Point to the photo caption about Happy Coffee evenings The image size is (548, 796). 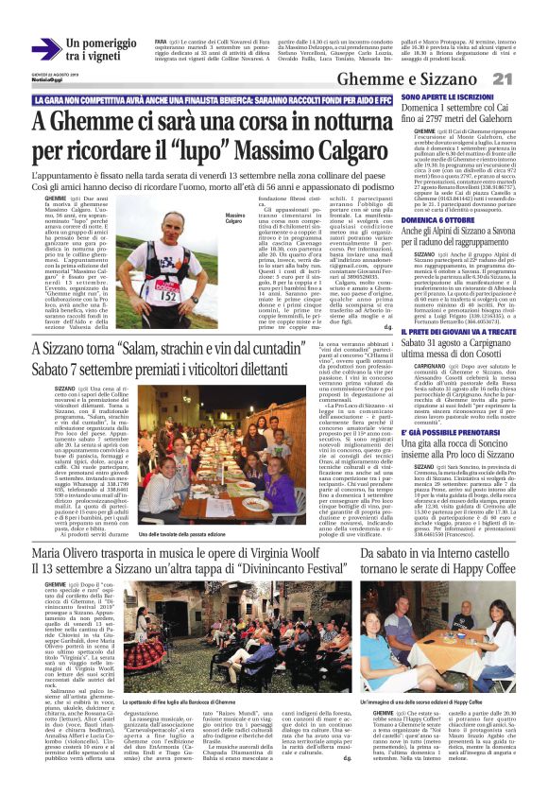click(427, 731)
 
